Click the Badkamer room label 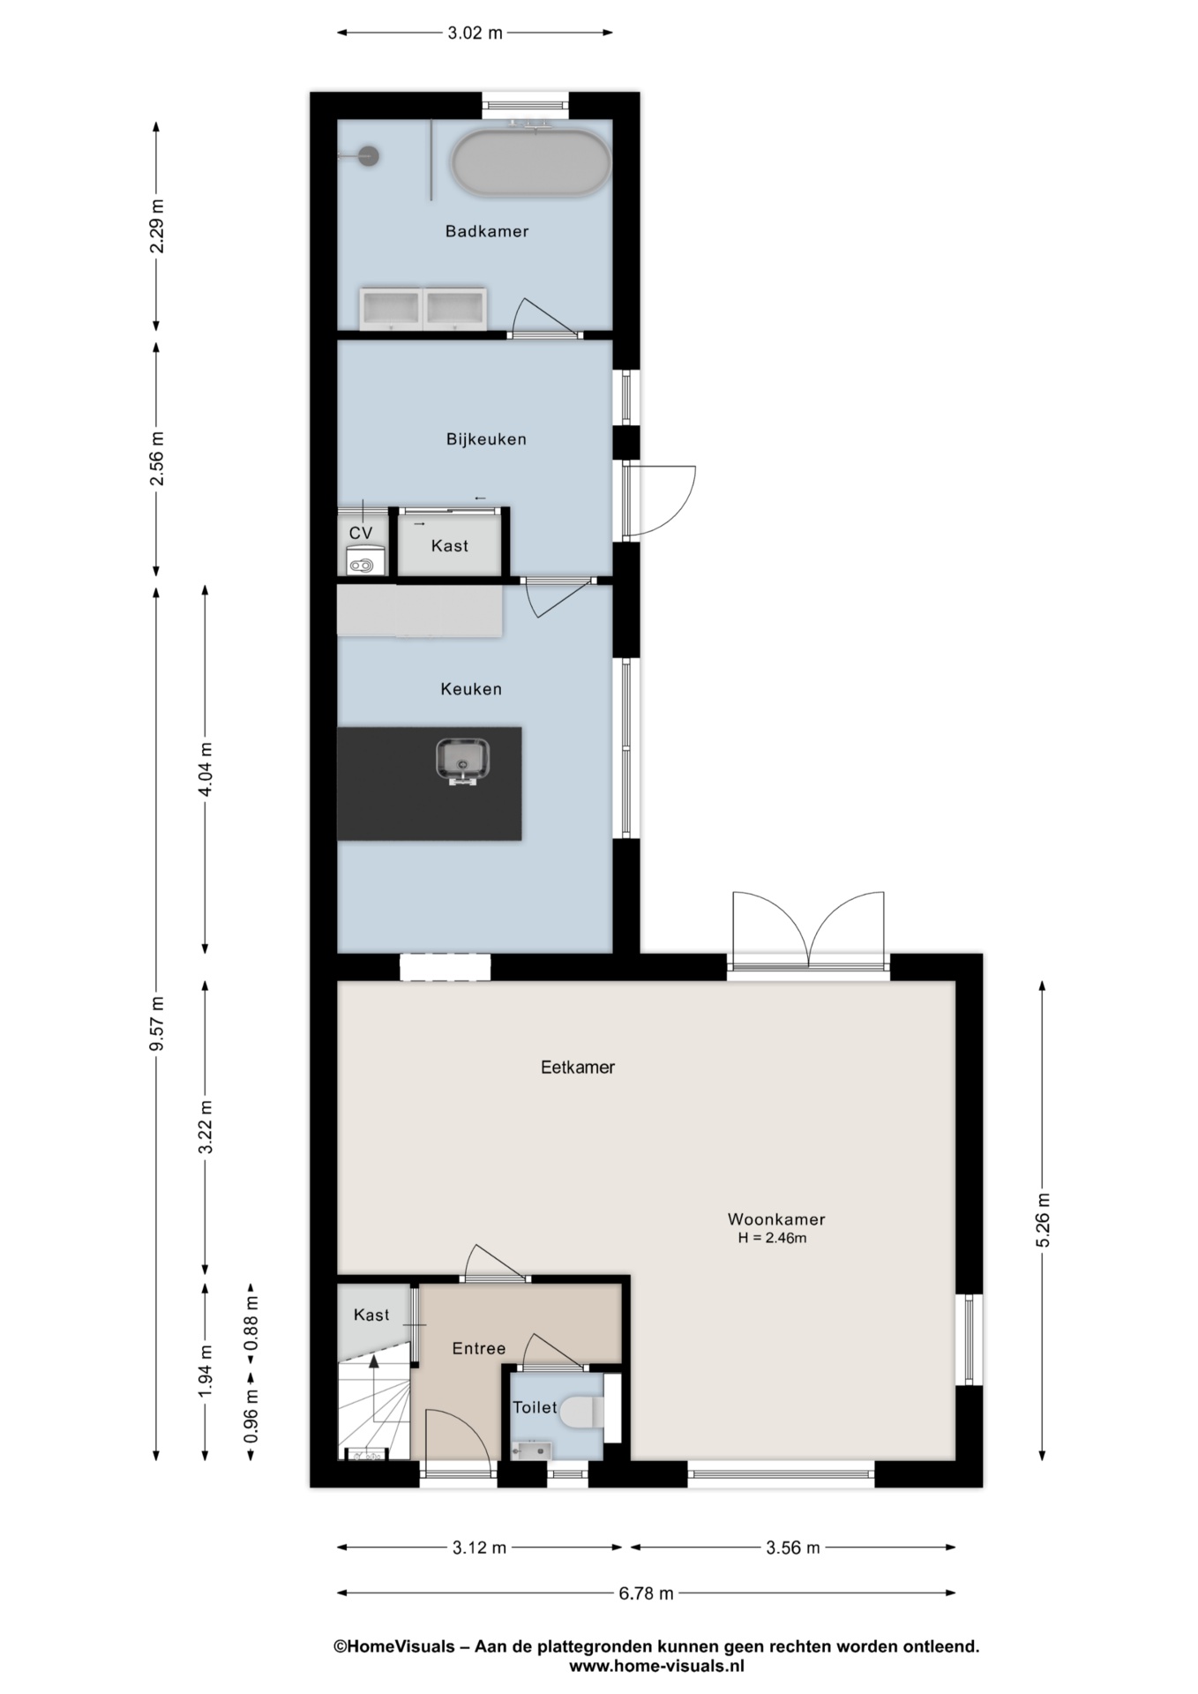pyautogui.click(x=487, y=231)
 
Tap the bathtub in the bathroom pyautogui.click(x=530, y=163)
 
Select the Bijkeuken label pyautogui.click(x=486, y=438)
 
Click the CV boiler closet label pyautogui.click(x=361, y=533)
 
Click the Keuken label pyautogui.click(x=471, y=689)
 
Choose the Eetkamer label pyautogui.click(x=578, y=1067)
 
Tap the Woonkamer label pyautogui.click(x=776, y=1219)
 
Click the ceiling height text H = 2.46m pyautogui.click(x=773, y=1238)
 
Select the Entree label pyautogui.click(x=479, y=1348)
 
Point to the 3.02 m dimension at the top pyautogui.click(x=475, y=34)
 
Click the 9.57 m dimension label pyautogui.click(x=157, y=1023)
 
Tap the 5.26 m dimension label pyautogui.click(x=1043, y=1220)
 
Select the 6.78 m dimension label pyautogui.click(x=646, y=1593)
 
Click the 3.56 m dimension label pyautogui.click(x=792, y=1547)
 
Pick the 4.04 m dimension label pyautogui.click(x=206, y=768)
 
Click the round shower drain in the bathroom pyautogui.click(x=369, y=156)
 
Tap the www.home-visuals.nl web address pyautogui.click(x=656, y=1666)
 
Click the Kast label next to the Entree pyautogui.click(x=371, y=1315)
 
